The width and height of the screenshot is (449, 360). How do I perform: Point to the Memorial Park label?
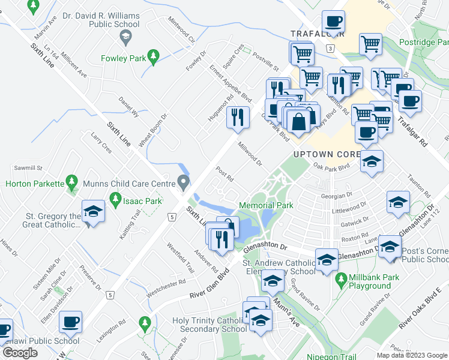tap(266, 205)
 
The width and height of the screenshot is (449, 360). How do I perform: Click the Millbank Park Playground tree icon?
tap(341, 280)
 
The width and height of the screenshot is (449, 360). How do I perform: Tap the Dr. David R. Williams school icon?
tap(125, 38)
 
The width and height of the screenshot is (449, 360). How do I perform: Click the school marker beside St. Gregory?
tap(93, 211)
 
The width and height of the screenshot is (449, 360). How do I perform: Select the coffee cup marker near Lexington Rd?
tap(71, 322)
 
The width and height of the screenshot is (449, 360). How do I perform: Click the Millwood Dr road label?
tap(250, 154)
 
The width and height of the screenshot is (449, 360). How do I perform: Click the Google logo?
tap(20, 353)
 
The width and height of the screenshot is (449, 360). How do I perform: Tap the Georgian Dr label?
tap(337, 196)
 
